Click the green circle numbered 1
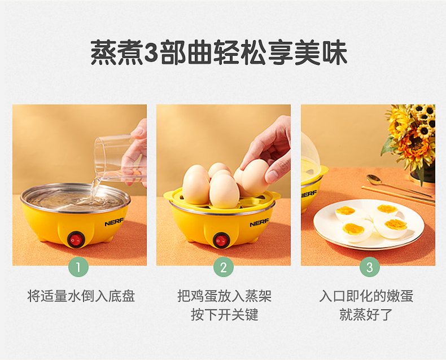point(78,267)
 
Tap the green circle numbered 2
point(224,267)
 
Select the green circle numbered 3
point(369,267)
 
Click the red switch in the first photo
point(76,239)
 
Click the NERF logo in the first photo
point(114,222)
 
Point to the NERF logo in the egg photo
point(259,223)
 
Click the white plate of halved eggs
point(369,225)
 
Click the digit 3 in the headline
point(151,53)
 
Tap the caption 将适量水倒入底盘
point(81,296)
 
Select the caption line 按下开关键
point(225,314)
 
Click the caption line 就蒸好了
point(366,314)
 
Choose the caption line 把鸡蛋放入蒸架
point(225,296)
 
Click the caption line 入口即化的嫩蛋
point(366,296)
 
